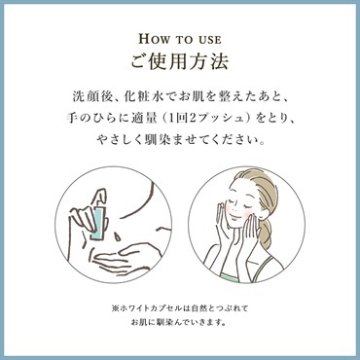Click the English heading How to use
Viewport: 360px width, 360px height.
[180, 39]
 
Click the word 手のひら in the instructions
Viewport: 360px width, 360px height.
[87, 119]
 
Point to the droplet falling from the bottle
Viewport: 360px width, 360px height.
[116, 235]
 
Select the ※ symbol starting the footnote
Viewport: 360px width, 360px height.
[116, 306]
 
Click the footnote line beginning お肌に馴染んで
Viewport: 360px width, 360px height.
[179, 323]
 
